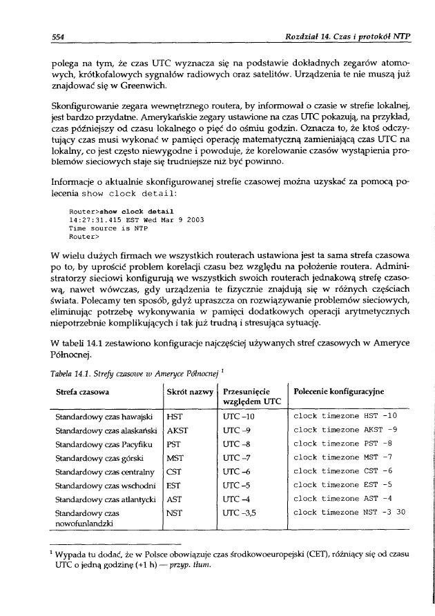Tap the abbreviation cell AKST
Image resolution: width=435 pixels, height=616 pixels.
pyautogui.click(x=177, y=430)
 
